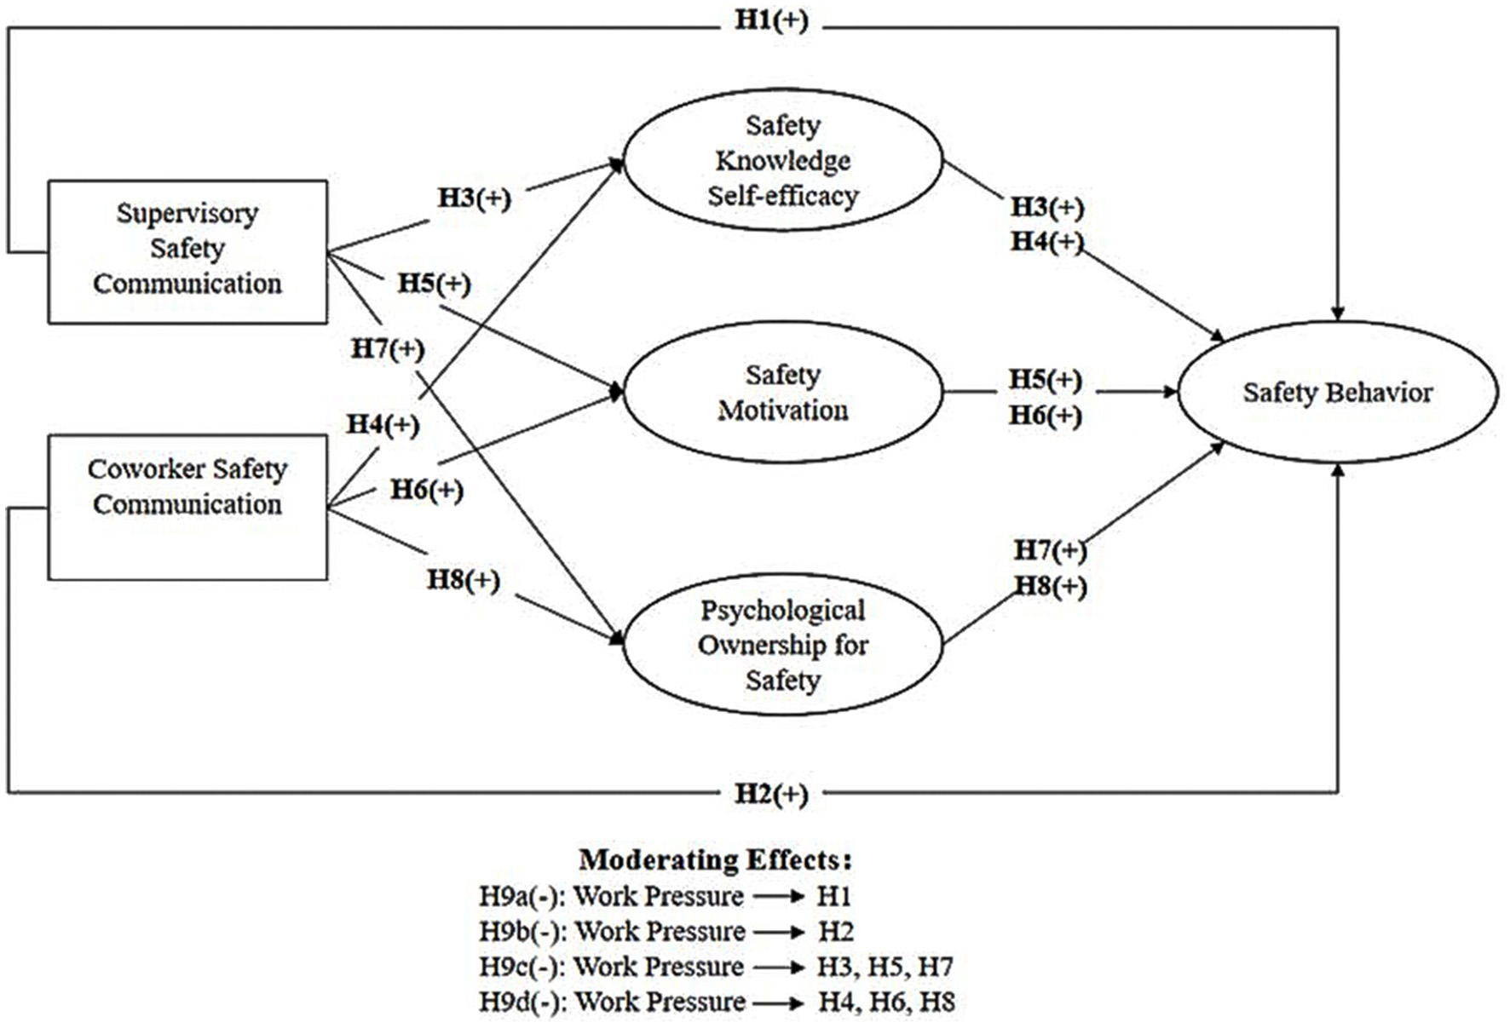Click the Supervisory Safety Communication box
coord(187,250)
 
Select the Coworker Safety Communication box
coord(187,506)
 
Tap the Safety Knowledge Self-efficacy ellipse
coord(782,160)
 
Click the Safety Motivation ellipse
coord(782,392)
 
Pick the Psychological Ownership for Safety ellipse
coord(782,644)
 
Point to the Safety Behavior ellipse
coord(1336,392)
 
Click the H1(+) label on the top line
coord(771,20)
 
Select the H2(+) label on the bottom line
coord(771,794)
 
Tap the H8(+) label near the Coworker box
coord(463,580)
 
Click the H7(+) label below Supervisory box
coord(387,348)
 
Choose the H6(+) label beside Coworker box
coord(426,490)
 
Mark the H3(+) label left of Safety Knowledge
coord(474,198)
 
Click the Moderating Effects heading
coord(714,859)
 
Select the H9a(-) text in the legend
coord(522,896)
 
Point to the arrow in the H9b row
coord(779,932)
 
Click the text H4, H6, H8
coord(886,1002)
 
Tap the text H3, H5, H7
coord(885,967)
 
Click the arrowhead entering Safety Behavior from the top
coord(1337,313)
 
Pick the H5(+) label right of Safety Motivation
coord(1045,379)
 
